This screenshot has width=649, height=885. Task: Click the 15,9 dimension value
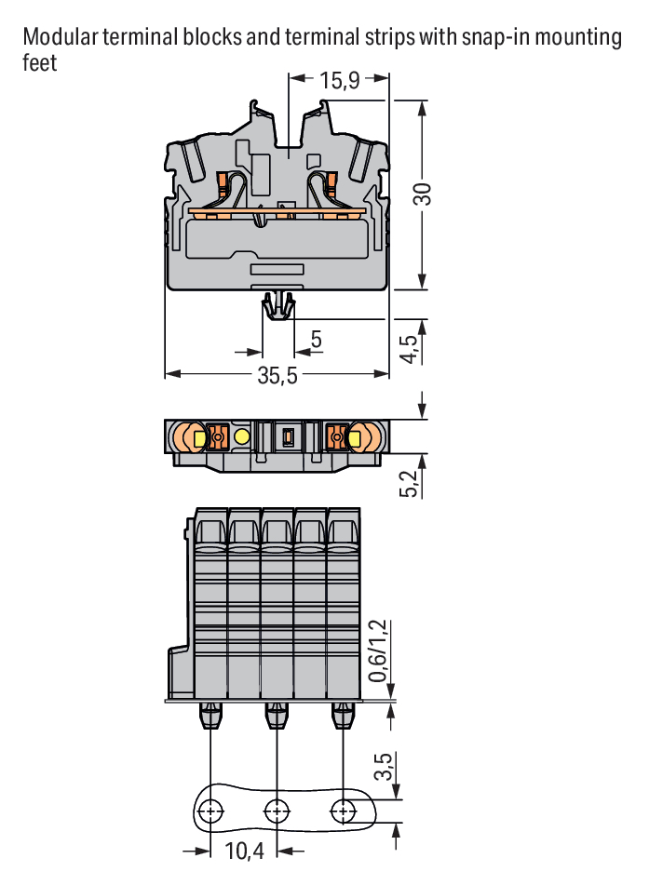point(340,80)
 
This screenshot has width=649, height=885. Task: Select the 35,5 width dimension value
point(277,375)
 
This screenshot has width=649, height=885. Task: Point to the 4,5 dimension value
point(409,349)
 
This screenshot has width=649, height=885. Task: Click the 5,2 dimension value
point(409,483)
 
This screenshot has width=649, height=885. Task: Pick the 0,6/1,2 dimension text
point(377,650)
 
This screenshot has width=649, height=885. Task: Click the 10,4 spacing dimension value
point(244,851)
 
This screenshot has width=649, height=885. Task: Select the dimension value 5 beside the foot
point(317,340)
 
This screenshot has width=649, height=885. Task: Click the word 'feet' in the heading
point(39,62)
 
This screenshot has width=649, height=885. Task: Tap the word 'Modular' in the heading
point(61,36)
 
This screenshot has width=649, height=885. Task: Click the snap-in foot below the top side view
point(278,306)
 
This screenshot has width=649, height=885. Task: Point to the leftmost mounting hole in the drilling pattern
point(210,811)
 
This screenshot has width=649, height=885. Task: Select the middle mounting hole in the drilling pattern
point(277,811)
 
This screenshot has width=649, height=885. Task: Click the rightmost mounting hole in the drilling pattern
point(343,811)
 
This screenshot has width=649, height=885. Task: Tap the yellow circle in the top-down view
point(242,436)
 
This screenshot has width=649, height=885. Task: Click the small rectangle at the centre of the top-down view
point(288,436)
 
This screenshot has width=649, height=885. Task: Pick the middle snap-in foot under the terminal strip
point(277,715)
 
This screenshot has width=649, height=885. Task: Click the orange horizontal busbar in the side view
point(277,211)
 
